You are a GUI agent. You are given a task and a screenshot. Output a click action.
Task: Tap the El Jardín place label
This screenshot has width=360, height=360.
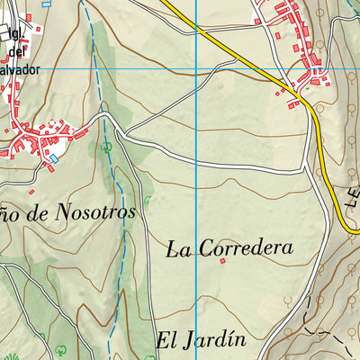click(x=201, y=340)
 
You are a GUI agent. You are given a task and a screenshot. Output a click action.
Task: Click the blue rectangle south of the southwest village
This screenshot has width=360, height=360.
click(x=53, y=157)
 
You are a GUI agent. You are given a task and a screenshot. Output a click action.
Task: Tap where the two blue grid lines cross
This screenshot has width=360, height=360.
click(x=197, y=68)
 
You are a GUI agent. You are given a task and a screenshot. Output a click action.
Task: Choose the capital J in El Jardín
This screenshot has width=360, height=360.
click(x=184, y=341)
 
